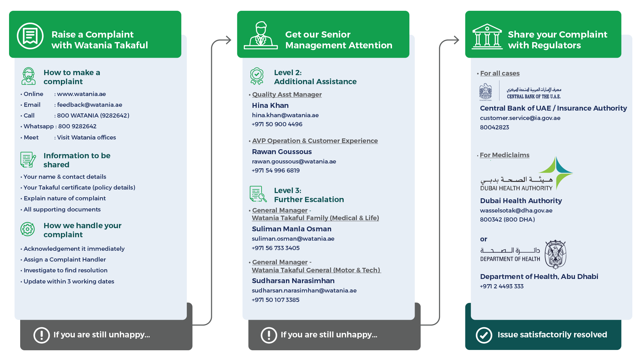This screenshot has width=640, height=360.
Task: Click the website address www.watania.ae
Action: coord(81,94)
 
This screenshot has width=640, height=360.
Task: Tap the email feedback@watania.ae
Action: coord(90,105)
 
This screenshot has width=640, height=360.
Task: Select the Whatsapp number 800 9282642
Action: coord(77,126)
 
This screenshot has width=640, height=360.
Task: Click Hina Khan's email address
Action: coord(285,115)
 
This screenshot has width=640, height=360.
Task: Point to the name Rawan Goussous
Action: coord(282,152)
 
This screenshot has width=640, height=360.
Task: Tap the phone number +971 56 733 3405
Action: coord(275,248)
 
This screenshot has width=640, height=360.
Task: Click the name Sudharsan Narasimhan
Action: coord(293,281)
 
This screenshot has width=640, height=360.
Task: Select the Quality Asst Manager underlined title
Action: coord(287,95)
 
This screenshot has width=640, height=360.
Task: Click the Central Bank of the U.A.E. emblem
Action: coord(486,92)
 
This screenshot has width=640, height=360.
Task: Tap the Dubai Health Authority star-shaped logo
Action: coord(556,173)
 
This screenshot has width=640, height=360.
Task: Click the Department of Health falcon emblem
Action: coord(555,254)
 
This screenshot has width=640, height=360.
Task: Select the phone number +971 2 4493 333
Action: coord(502,286)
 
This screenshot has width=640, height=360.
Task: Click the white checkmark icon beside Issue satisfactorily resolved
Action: coord(484,335)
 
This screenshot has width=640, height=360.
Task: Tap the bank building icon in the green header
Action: coord(487,37)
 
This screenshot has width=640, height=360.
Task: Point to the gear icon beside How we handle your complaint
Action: coord(28,229)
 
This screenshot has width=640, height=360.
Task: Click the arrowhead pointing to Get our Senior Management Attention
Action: coord(228,40)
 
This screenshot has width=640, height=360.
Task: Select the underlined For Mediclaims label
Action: coord(505,155)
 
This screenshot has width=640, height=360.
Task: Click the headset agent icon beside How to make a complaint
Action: coord(29,76)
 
